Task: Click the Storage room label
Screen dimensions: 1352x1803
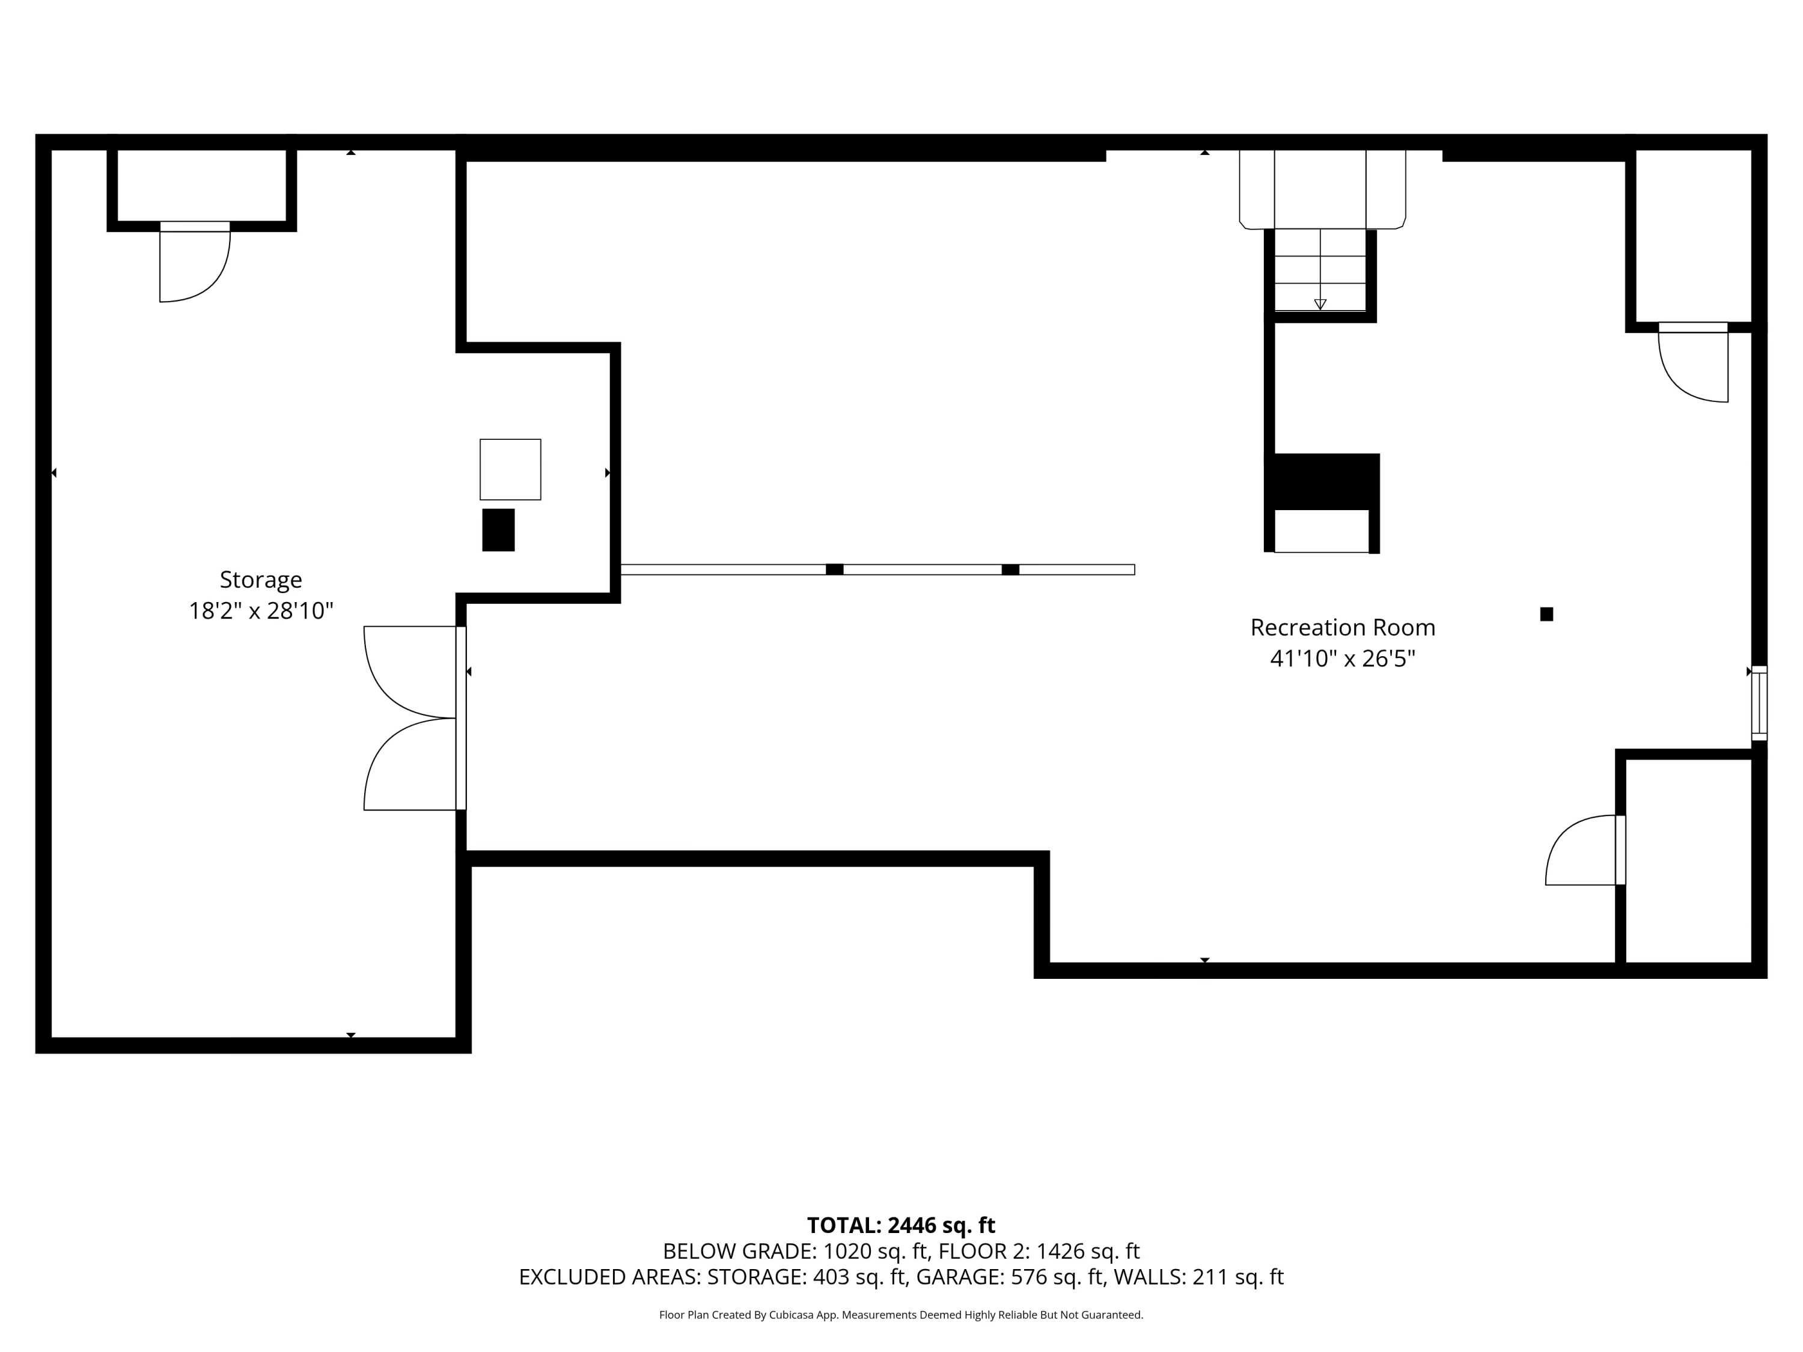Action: coord(261,579)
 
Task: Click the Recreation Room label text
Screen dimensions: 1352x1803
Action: coord(1343,627)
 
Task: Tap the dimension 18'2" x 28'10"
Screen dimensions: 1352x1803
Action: coord(261,611)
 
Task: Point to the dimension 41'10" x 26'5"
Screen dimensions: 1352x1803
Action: coord(1343,659)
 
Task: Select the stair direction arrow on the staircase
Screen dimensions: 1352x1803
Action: coord(1320,304)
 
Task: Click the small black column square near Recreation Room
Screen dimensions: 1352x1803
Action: coord(1546,615)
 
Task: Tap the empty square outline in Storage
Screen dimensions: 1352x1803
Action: coord(510,469)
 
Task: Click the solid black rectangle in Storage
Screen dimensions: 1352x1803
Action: coord(498,530)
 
